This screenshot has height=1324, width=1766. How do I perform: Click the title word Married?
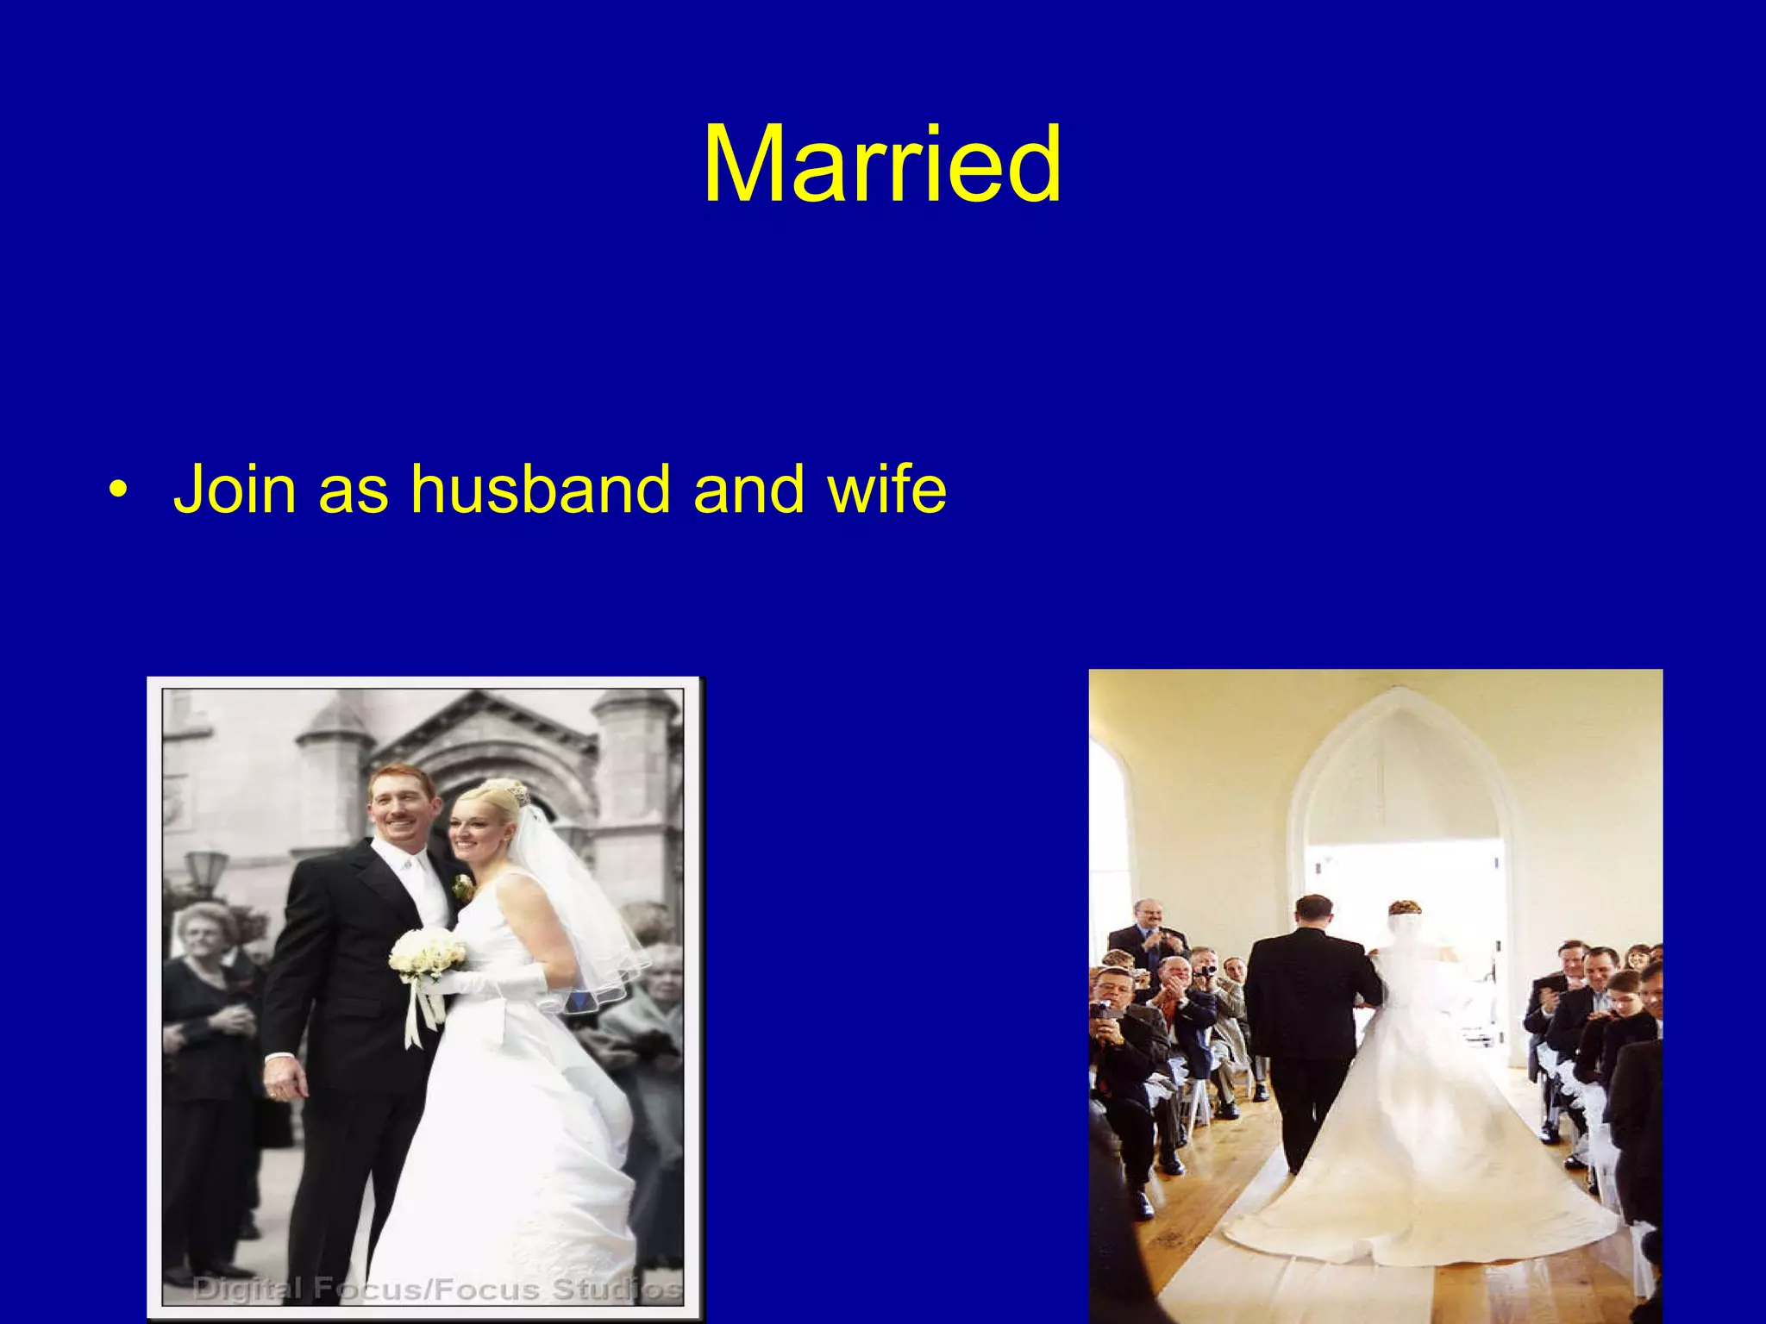tap(881, 165)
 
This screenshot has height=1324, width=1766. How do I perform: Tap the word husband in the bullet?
tap(540, 489)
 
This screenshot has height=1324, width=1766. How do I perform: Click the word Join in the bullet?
tap(235, 489)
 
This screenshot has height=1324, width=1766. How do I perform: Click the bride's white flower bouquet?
tap(427, 955)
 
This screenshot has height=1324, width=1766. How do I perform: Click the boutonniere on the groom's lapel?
tap(464, 886)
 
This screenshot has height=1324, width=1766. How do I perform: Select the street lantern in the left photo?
tap(207, 866)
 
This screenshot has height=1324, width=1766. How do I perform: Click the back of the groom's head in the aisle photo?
tap(1313, 912)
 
